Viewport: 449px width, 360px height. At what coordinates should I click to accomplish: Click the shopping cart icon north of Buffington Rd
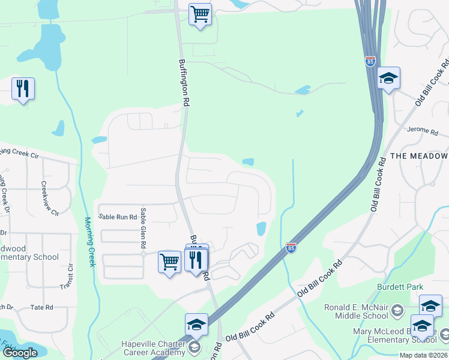[x=200, y=14]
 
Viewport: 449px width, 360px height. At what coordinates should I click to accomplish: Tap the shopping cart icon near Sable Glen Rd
[x=170, y=262]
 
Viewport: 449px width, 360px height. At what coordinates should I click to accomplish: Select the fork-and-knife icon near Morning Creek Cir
[x=23, y=89]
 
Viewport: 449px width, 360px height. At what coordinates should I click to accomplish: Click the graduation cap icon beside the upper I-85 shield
[x=388, y=78]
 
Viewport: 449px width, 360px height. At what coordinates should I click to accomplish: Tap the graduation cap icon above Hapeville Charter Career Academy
[x=196, y=325]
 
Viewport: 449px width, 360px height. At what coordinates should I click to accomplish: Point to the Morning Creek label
[x=89, y=242]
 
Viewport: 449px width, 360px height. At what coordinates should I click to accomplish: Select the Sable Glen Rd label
[x=143, y=228]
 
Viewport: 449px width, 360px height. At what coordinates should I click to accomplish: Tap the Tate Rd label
[x=41, y=307]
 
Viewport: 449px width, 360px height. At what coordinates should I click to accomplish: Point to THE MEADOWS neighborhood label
[x=419, y=156]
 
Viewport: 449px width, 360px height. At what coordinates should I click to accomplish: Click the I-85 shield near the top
[x=370, y=62]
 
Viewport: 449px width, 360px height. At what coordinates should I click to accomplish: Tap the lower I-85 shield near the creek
[x=291, y=247]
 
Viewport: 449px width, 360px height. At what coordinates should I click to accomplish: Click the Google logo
[x=20, y=353]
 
